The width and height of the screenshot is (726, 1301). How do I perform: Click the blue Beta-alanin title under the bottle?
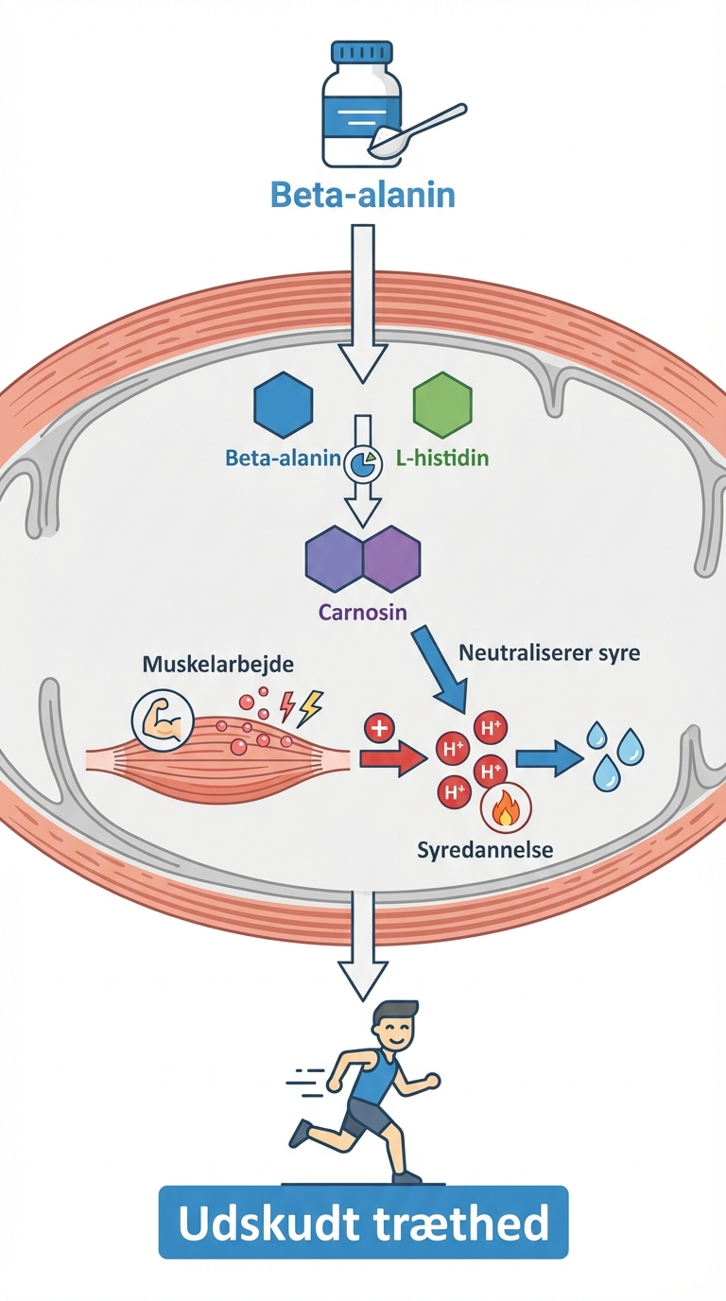[363, 194]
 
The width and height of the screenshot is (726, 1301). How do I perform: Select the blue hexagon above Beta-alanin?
[284, 405]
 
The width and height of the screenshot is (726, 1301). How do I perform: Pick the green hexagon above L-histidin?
[441, 405]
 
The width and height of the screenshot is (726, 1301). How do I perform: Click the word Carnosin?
[363, 612]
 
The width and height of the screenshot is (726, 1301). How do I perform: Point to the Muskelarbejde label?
[217, 664]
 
